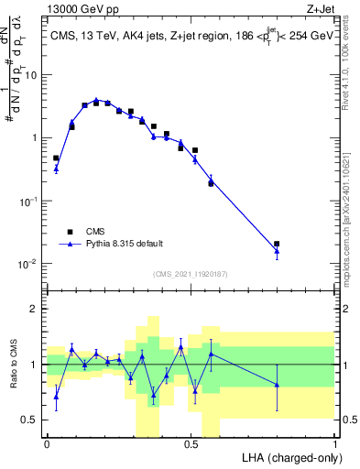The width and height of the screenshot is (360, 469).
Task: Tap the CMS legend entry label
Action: (x=96, y=232)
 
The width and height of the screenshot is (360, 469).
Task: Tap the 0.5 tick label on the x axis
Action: (x=191, y=443)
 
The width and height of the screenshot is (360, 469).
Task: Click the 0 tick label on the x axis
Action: (x=47, y=443)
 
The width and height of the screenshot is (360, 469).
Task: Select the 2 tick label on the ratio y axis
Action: (x=34, y=309)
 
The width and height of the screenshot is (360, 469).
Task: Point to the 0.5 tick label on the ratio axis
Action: (x=29, y=420)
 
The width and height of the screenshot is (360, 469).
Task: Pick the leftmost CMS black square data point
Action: (x=56, y=158)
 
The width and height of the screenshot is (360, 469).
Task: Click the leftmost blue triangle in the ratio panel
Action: (x=56, y=396)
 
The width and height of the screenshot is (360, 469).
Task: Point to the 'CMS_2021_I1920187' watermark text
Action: (x=191, y=274)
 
